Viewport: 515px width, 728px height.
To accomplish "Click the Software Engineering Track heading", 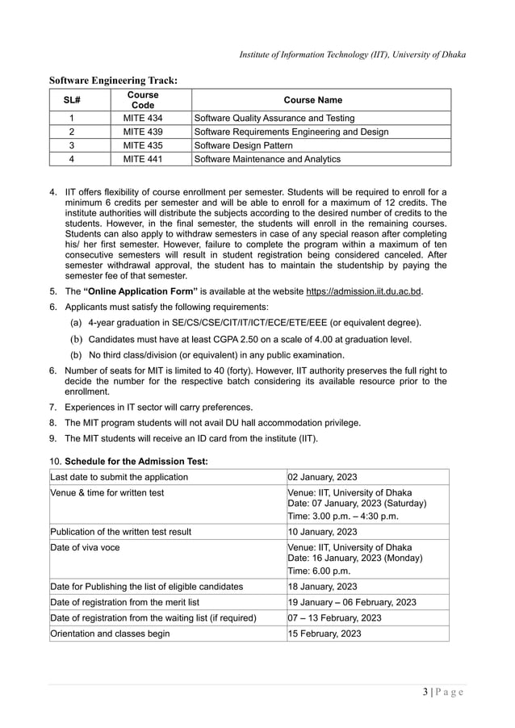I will pyautogui.click(x=113, y=80).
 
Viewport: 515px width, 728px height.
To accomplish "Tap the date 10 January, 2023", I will pyautogui.click(x=323, y=531).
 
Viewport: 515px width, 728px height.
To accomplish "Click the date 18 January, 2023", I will pyautogui.click(x=323, y=586).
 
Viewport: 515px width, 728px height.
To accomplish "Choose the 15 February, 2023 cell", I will pyautogui.click(x=324, y=634).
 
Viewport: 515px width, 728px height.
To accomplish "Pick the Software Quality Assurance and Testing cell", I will pyautogui.click(x=274, y=118).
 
